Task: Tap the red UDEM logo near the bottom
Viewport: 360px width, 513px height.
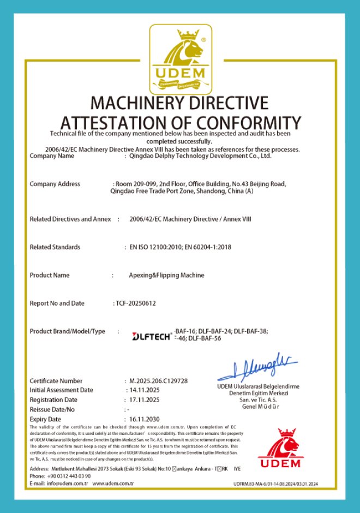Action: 280,449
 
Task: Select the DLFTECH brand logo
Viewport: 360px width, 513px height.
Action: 152,337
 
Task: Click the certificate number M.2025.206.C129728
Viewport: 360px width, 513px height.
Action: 159,380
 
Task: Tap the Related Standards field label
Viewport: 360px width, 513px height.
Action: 55,247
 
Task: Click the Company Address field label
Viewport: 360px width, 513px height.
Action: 55,184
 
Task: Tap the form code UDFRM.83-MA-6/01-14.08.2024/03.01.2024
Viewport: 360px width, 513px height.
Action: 275,484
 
